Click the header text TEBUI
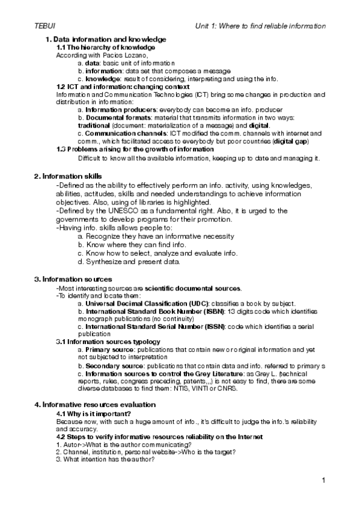click(45, 26)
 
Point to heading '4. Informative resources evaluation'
click(95, 404)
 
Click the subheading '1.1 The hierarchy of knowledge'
click(105, 47)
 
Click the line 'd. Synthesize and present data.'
click(129, 262)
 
